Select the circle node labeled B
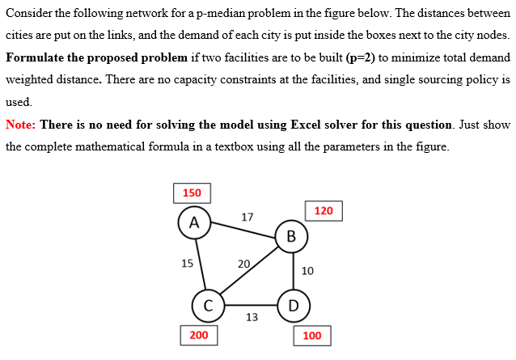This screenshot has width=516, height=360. pyautogui.click(x=290, y=236)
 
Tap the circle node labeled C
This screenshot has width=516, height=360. pyautogui.click(x=208, y=306)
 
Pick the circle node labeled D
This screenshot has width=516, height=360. pyautogui.click(x=293, y=306)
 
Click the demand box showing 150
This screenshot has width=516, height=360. pyautogui.click(x=192, y=193)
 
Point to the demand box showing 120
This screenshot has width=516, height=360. pyautogui.click(x=324, y=211)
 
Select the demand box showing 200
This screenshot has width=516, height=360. pyautogui.click(x=198, y=335)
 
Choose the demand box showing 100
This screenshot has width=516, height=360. pyautogui.click(x=312, y=336)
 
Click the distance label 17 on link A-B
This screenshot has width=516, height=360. pyautogui.click(x=247, y=217)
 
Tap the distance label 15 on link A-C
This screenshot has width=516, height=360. pyautogui.click(x=187, y=263)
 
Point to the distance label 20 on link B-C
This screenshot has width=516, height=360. pyautogui.click(x=243, y=264)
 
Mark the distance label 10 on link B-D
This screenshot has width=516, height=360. pyautogui.click(x=307, y=270)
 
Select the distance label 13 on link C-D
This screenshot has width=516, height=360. pyautogui.click(x=252, y=317)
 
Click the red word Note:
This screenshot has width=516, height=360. pyautogui.click(x=20, y=125)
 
